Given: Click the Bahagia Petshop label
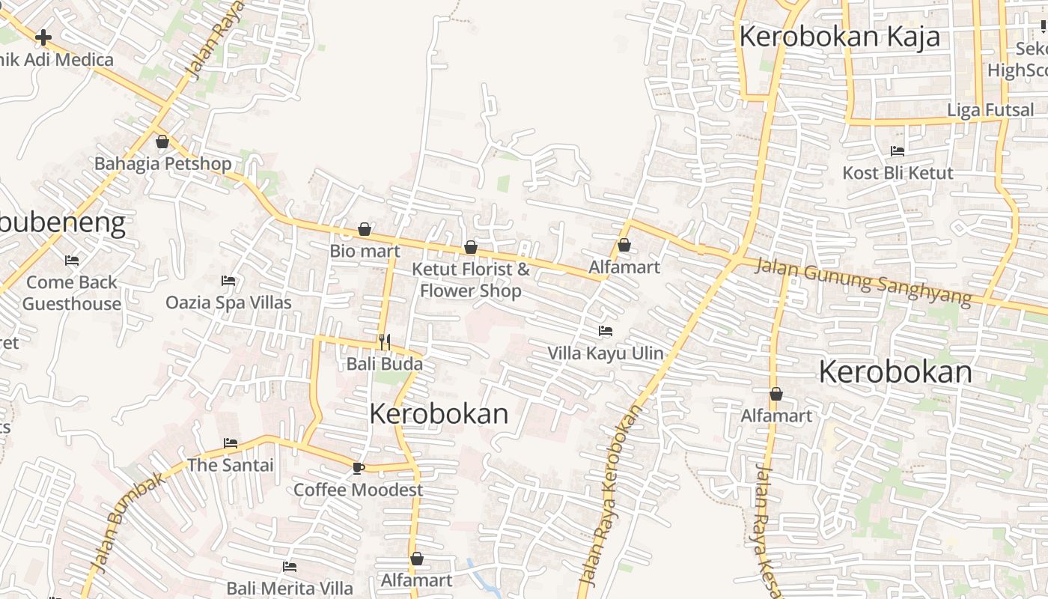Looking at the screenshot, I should click(162, 163).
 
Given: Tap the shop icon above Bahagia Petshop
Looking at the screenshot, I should click(162, 142).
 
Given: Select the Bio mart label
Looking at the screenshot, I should click(365, 251).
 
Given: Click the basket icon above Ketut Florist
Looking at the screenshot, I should click(471, 247).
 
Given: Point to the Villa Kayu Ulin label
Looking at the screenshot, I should click(605, 353).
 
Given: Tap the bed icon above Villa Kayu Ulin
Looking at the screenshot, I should click(605, 331).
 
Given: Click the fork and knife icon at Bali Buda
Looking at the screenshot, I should click(385, 342).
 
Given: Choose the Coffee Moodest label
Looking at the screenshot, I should click(358, 490).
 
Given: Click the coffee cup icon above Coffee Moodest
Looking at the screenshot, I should click(358, 468).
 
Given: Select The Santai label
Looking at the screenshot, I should click(230, 465).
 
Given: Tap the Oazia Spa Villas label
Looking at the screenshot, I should click(228, 302).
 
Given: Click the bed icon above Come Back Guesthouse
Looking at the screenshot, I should click(72, 261).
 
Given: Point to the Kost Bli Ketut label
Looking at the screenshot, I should click(898, 173).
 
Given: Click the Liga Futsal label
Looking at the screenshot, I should click(990, 110).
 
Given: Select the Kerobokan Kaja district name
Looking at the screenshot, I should click(838, 37).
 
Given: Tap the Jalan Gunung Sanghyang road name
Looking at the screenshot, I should click(862, 281).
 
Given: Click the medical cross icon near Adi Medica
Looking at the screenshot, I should click(43, 37).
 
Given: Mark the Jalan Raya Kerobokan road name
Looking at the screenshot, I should click(612, 494).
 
